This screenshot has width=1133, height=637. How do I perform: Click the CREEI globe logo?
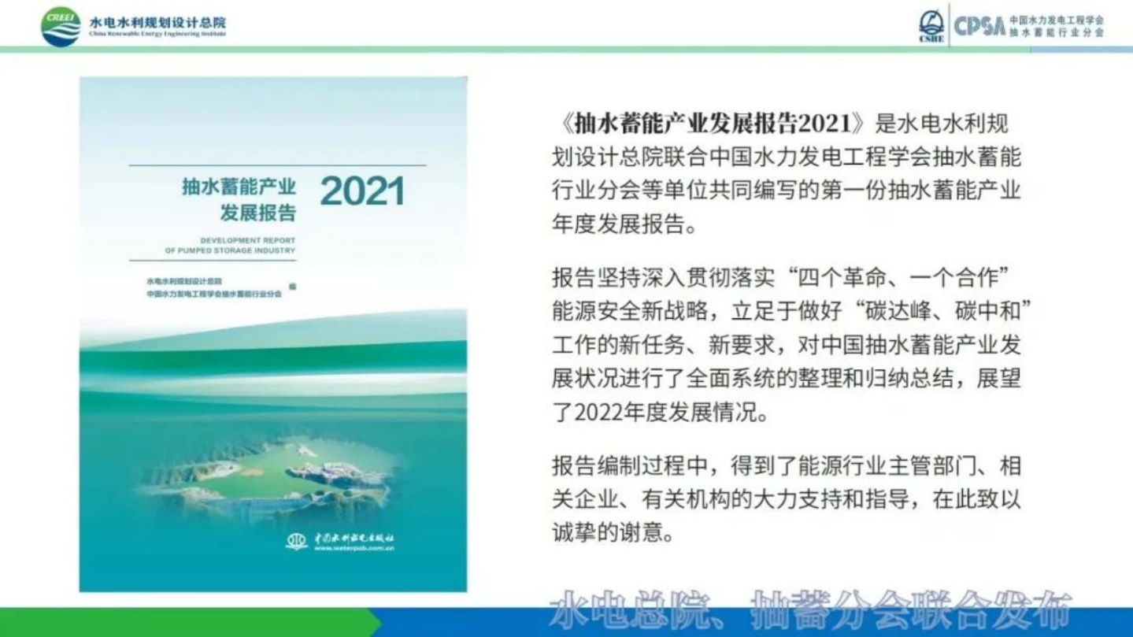pyautogui.click(x=61, y=26)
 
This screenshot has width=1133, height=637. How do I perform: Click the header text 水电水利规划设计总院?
pyautogui.click(x=157, y=21)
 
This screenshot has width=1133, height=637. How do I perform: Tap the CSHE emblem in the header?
pyautogui.click(x=931, y=25)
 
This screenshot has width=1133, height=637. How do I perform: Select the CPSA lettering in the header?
pyautogui.click(x=979, y=26)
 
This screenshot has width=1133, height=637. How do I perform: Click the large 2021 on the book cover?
pyautogui.click(x=362, y=191)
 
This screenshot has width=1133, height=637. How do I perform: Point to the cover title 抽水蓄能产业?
pyautogui.click(x=239, y=187)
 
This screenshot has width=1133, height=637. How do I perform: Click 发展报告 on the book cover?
pyautogui.click(x=257, y=213)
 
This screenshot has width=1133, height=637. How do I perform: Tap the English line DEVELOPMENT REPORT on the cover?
pyautogui.click(x=247, y=240)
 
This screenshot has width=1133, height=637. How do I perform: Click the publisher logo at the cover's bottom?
pyautogui.click(x=297, y=541)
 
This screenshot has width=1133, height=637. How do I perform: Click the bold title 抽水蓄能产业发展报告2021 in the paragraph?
pyautogui.click(x=713, y=124)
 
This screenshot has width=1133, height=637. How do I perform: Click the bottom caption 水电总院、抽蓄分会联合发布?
pyautogui.click(x=811, y=609)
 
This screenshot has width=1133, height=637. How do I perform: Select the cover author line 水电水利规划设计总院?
pyautogui.click(x=183, y=281)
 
